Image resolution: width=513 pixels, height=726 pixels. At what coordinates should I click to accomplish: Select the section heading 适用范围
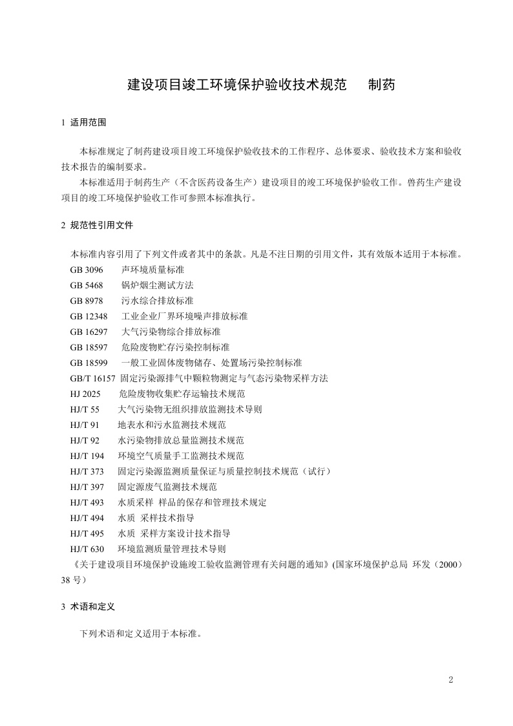pos(88,122)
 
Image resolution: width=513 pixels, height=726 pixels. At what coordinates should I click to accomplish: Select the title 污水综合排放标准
pos(157,301)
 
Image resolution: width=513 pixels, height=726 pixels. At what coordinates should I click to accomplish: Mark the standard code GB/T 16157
pos(92,378)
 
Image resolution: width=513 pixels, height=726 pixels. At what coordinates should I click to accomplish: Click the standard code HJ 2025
pos(86,394)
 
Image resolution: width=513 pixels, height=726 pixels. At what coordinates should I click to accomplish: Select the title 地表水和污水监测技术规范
pos(171,425)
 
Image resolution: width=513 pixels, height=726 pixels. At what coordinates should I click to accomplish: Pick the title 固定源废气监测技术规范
pos(167,487)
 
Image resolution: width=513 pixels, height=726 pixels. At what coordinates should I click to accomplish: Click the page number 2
pos(451,679)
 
